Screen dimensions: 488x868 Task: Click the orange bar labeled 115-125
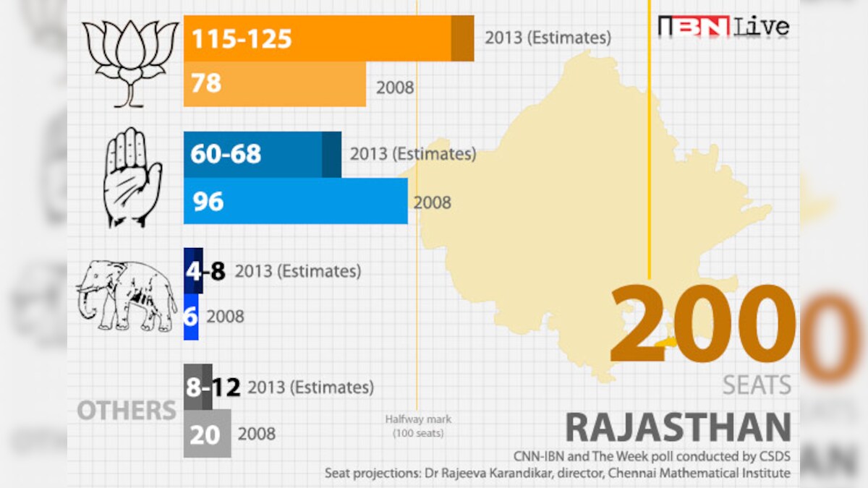click(x=329, y=38)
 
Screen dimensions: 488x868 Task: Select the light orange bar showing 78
click(x=275, y=84)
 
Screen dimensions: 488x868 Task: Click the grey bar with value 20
click(x=207, y=434)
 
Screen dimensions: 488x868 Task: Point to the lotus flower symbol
click(x=130, y=64)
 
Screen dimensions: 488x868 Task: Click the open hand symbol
click(x=132, y=177)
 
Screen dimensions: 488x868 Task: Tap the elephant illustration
click(x=127, y=295)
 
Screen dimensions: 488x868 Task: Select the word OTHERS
click(x=127, y=411)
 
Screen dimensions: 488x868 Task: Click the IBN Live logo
click(x=723, y=27)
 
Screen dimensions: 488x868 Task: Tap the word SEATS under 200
click(x=757, y=385)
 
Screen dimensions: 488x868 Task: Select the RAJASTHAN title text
click(x=678, y=427)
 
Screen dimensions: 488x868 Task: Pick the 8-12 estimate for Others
click(x=212, y=388)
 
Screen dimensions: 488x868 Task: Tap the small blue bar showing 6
click(x=191, y=316)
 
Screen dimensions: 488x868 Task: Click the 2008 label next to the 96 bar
click(x=432, y=202)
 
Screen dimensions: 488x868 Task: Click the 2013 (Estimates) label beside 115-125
click(x=548, y=37)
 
